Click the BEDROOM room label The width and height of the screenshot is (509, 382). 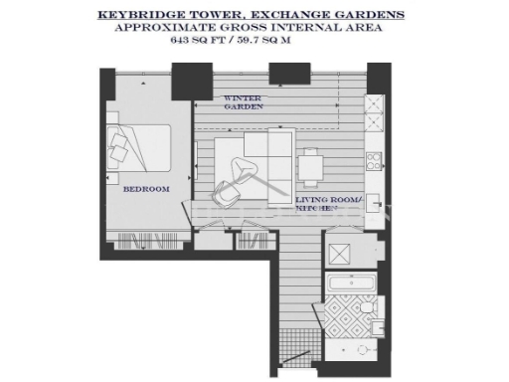coord(146,189)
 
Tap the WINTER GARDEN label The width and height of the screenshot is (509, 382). coord(242,104)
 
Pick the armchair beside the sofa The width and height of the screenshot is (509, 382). coord(241,177)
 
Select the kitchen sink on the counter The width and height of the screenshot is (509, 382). coord(375,159)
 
